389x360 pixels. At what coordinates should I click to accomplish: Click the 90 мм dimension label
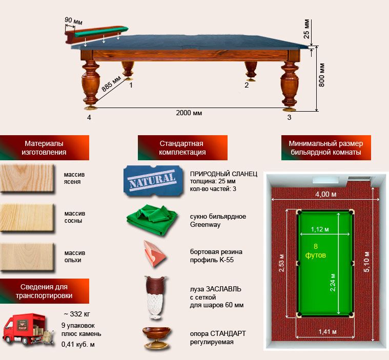point(73,21)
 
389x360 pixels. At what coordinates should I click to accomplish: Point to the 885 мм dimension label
point(111,83)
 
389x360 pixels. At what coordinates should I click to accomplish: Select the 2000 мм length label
point(189,113)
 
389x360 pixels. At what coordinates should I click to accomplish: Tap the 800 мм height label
point(321,75)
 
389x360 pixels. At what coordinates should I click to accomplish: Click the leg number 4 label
point(89,117)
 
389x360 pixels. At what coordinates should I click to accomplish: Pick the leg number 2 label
point(247,85)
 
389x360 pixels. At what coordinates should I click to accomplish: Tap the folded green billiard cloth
point(152,219)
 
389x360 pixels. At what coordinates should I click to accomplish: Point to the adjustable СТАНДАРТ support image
point(157,338)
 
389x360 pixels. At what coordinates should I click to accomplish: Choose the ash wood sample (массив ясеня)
point(27,178)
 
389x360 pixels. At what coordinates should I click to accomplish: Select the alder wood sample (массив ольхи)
point(27,257)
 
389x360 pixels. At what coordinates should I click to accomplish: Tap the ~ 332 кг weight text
point(77,314)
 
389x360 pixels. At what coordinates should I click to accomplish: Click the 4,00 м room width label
point(326,195)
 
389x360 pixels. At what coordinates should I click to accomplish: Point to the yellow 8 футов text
point(315,250)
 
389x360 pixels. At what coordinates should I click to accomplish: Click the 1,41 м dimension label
point(327,332)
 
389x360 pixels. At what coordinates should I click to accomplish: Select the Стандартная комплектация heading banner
point(182,148)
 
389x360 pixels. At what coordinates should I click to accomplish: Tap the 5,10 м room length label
point(366,262)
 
